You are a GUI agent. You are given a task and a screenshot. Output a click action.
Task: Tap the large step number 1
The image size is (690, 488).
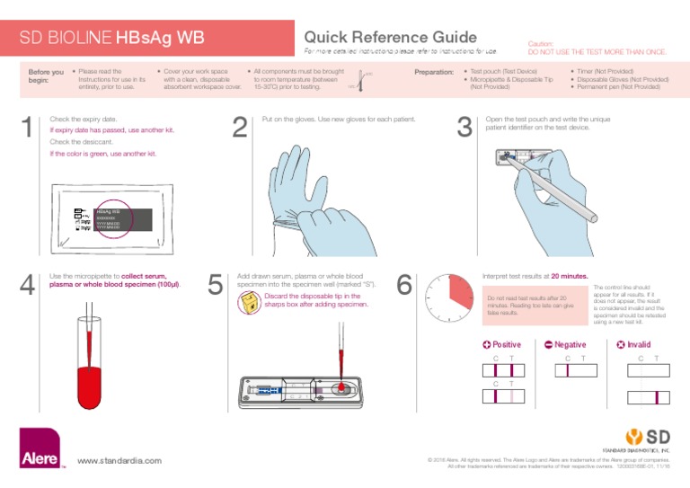coord(29,129)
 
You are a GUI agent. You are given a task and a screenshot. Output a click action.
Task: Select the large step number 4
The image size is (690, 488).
coord(29,287)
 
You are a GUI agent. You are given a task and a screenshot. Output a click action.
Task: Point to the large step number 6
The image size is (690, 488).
coord(404,285)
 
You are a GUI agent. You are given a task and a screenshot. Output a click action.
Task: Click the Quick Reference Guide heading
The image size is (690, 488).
coord(390,37)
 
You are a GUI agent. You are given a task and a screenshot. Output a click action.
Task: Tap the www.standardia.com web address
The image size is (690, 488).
coord(119,461)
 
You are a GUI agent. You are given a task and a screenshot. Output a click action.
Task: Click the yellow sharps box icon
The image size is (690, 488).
coord(245,304)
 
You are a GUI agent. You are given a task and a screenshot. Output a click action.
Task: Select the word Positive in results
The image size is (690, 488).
coord(506,344)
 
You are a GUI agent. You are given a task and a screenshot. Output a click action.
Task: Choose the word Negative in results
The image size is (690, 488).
coord(570,344)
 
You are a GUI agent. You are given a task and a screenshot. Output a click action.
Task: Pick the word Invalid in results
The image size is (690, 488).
coord(638,344)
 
